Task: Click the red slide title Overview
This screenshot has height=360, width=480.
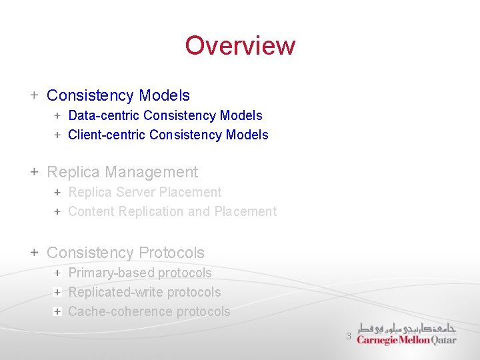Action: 240,45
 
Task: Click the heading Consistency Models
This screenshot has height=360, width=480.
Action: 118,96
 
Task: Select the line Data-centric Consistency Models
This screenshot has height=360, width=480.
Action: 165,116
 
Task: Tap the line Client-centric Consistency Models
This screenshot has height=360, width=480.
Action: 168,135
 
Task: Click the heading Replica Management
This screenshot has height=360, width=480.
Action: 122,173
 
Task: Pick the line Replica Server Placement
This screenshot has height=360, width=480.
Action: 145,193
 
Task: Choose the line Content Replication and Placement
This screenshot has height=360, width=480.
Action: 172,212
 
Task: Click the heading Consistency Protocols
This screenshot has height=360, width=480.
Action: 125,253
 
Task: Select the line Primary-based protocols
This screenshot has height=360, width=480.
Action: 139,273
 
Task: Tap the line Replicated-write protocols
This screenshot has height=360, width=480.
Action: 144,293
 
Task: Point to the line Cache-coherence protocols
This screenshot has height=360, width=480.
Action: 149,312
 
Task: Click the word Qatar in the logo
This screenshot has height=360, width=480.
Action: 442,340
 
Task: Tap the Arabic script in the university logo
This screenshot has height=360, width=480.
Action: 407,328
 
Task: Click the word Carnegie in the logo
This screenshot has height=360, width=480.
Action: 376,340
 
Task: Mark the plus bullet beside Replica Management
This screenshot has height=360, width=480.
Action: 34,172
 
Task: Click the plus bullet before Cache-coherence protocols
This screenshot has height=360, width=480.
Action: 58,311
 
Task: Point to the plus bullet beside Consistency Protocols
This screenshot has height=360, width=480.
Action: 34,253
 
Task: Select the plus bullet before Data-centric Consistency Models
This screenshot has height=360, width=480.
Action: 58,116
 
